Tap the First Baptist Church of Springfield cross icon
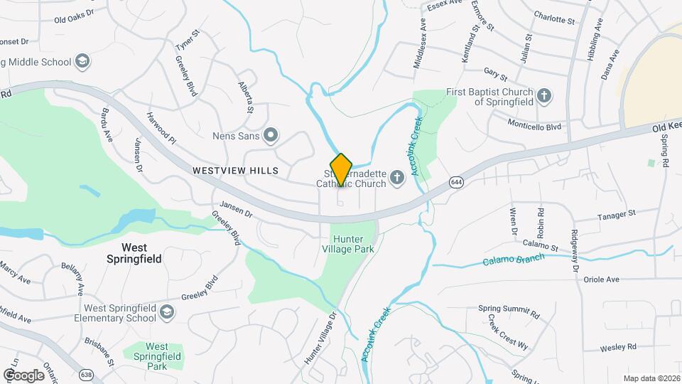tap(544, 95)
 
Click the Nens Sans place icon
tap(270, 134)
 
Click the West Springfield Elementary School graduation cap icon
tap(166, 311)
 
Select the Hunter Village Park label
tap(352, 244)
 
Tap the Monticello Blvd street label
tap(534, 126)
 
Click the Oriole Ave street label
tap(601, 279)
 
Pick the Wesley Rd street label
tap(617, 348)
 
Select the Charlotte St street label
tap(554, 19)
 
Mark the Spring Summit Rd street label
tap(509, 313)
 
